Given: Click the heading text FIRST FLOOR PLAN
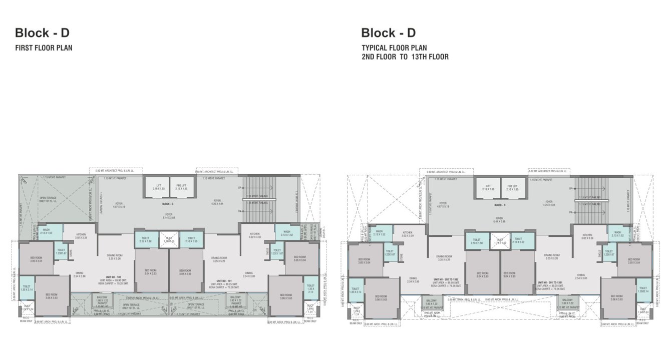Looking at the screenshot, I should [44, 49].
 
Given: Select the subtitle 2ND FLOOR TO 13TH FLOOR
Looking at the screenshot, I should [405, 57].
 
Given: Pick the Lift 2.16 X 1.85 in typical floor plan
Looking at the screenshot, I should [487, 188].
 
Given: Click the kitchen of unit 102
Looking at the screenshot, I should [81, 235].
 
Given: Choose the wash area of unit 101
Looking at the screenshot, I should [286, 233].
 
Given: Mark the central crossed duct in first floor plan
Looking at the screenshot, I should [168, 240].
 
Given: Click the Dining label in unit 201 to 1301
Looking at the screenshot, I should [580, 276].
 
